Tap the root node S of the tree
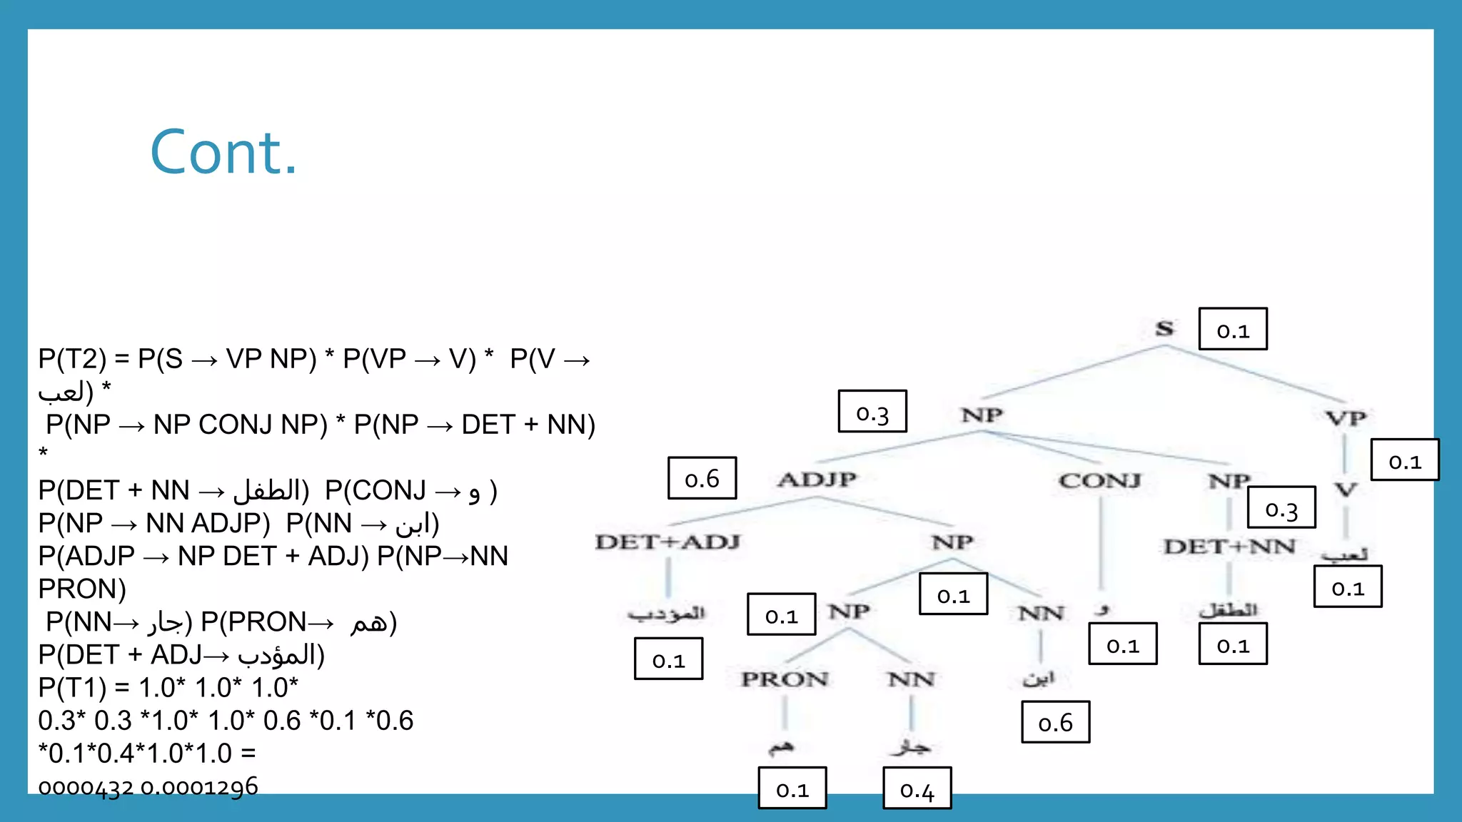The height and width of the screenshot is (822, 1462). pos(1164,328)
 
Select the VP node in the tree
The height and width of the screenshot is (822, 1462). pos(1346,418)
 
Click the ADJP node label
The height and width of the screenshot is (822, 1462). pos(817,479)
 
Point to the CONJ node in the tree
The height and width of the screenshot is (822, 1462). pos(1100,481)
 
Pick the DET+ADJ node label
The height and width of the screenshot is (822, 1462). pos(667,542)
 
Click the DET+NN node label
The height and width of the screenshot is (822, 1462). pos(1229,547)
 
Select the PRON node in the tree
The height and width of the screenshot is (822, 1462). pos(785,679)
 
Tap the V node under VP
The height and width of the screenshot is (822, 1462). pos(1346,490)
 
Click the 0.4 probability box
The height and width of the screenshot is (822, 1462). pos(917,788)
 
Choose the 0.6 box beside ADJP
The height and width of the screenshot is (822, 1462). pos(702,478)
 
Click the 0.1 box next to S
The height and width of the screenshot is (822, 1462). pos(1233,329)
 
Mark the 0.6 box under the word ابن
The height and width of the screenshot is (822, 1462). pos(1055,722)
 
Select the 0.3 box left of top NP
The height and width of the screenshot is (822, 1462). pos(872,412)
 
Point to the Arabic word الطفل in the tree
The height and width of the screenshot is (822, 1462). pos(1228,610)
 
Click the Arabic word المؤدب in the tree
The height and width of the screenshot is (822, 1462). pos(667,613)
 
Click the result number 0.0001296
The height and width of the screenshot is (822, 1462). pos(199,788)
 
